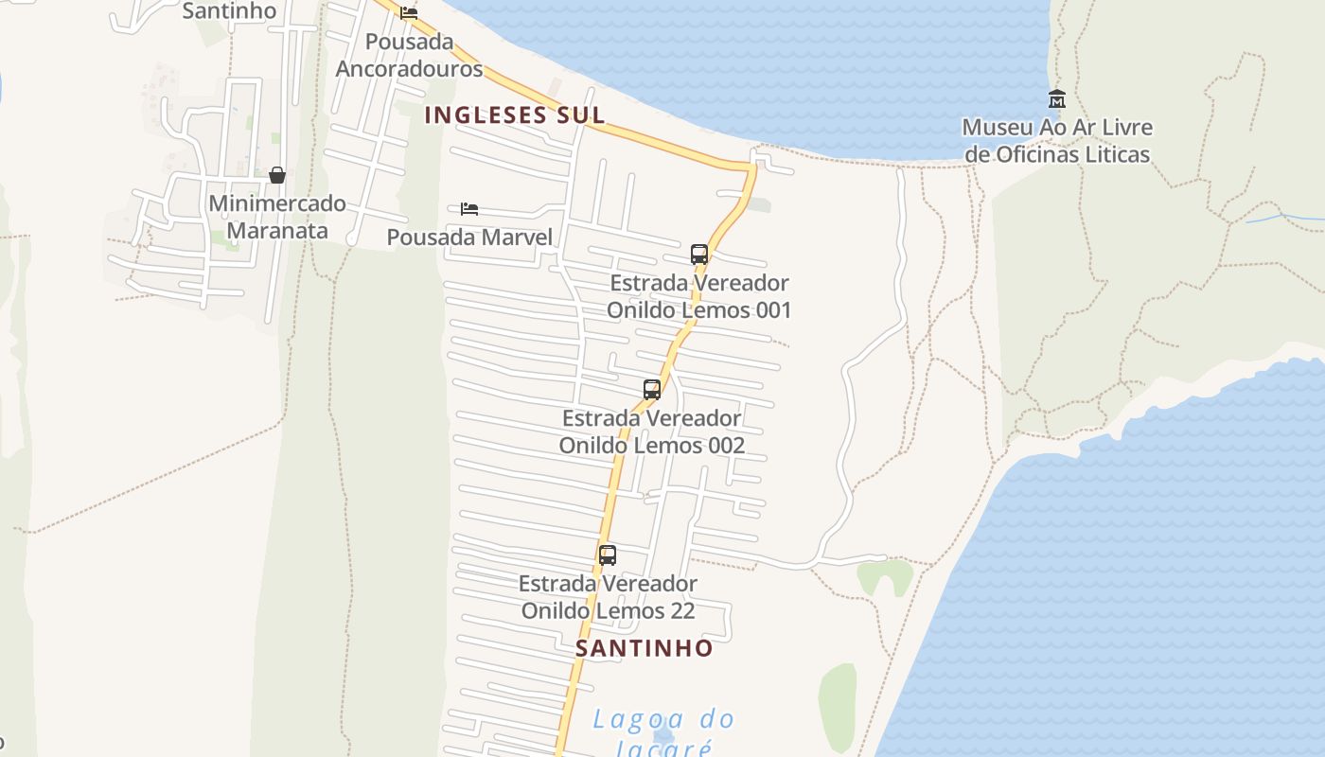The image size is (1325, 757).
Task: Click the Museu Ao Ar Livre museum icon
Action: point(1056,98)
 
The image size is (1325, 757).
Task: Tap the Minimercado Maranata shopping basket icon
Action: point(277,175)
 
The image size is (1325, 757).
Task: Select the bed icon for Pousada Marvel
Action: point(469,208)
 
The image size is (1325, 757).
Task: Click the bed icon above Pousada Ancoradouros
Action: point(409,13)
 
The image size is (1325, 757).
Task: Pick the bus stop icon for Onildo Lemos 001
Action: point(699,254)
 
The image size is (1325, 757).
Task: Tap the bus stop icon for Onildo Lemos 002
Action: point(652,389)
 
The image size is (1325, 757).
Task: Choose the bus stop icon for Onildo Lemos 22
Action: point(608,555)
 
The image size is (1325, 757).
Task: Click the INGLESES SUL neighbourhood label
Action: point(514,115)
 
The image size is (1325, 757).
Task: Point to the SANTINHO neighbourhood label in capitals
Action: point(645,648)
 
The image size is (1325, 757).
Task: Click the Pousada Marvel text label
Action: point(469,237)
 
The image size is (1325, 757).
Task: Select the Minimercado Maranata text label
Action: point(277,217)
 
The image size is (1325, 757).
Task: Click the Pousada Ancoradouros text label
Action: point(409,55)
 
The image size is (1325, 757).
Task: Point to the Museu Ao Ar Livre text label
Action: point(1056,140)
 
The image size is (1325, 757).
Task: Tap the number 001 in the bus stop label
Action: point(767,310)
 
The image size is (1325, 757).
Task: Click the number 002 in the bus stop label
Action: point(720,445)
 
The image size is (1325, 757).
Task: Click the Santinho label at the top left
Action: point(229,11)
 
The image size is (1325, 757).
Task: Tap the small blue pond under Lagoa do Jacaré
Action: point(663,735)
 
